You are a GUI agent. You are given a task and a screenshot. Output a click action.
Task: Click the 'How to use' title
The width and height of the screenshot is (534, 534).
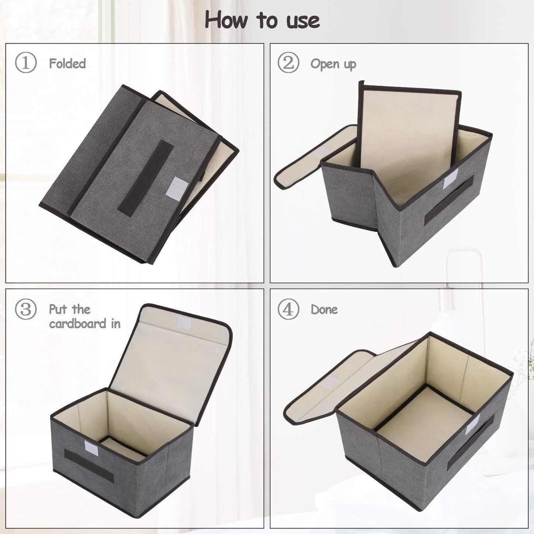click(x=262, y=20)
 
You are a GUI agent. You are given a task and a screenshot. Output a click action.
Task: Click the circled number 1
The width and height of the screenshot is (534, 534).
click(x=25, y=63)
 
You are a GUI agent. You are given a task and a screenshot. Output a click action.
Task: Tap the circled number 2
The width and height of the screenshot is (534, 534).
click(x=288, y=63)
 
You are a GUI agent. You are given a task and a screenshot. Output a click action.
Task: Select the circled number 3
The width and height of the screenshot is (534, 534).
click(x=25, y=309)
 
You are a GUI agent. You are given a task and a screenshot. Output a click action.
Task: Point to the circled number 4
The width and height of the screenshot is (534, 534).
click(x=288, y=309)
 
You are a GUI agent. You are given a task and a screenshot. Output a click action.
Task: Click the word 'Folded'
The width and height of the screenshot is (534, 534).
click(x=67, y=64)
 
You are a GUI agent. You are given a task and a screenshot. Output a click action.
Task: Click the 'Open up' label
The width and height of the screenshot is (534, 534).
click(x=333, y=64)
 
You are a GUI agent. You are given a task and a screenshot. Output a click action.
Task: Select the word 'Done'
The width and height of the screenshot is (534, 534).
click(x=324, y=309)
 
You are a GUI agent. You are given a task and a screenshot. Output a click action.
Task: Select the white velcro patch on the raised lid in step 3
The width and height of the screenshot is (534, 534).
click(x=183, y=322)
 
